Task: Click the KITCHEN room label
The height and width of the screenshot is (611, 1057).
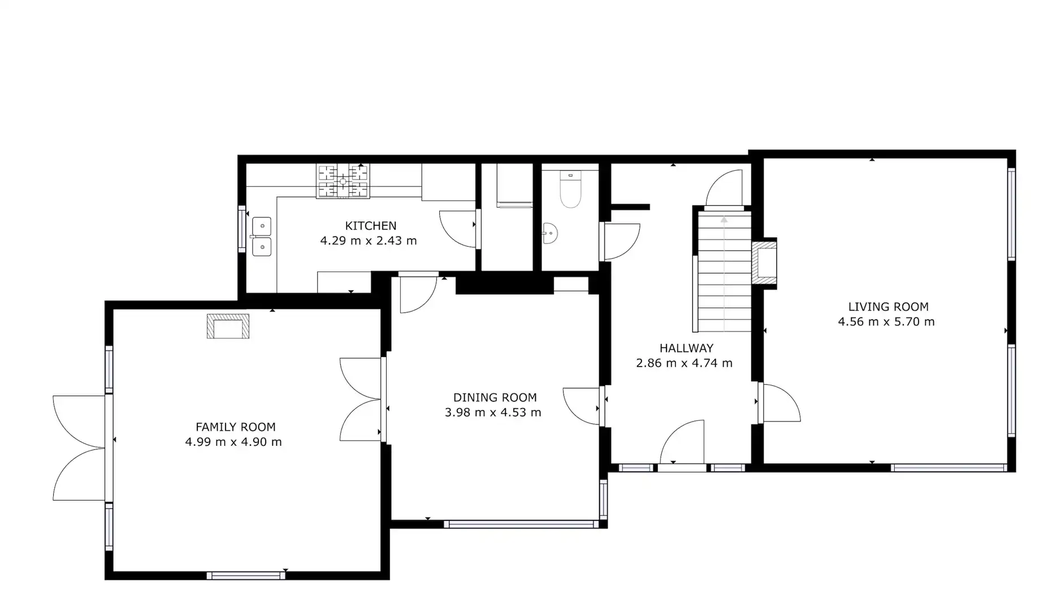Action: (371, 226)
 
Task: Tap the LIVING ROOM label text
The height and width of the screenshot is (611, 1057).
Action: (888, 307)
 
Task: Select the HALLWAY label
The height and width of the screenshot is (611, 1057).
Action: (686, 348)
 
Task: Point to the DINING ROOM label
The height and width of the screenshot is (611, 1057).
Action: (495, 397)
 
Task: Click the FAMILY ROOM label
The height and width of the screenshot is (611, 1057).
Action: (236, 427)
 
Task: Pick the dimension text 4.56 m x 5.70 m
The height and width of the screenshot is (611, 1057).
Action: (886, 322)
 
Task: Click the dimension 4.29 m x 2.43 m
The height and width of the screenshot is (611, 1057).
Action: (369, 240)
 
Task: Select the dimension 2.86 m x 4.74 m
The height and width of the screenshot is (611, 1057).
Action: (684, 363)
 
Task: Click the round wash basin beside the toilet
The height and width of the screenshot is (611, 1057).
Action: (549, 233)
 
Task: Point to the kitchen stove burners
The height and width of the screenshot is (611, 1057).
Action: (343, 181)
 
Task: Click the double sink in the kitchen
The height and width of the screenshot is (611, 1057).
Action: (261, 236)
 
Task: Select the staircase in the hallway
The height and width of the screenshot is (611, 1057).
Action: (724, 271)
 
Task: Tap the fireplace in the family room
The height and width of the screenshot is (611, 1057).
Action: (228, 326)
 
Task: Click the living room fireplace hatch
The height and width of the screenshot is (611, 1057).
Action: (764, 263)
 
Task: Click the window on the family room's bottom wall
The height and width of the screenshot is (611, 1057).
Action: (246, 575)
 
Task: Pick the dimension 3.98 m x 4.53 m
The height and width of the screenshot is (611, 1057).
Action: (493, 412)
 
